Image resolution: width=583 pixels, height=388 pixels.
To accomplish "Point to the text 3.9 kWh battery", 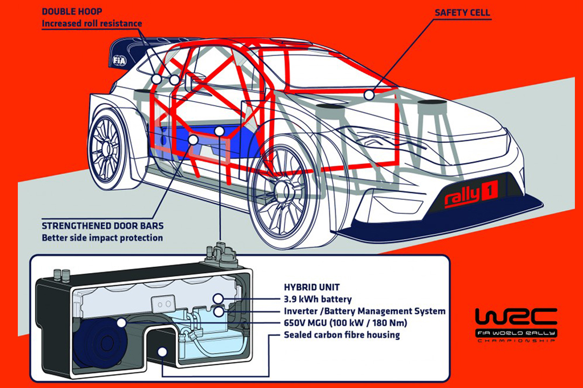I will (x=317, y=299).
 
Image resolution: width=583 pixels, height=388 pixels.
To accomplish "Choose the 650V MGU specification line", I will (x=345, y=323).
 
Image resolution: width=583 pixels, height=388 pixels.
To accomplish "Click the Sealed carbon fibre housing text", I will (x=342, y=335).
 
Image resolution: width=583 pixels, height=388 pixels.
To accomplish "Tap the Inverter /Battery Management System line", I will (x=364, y=311).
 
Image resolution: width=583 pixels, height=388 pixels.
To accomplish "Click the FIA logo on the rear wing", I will (x=119, y=60).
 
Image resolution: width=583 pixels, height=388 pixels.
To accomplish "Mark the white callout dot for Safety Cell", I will (x=369, y=95).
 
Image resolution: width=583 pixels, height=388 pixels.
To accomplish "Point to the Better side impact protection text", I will (x=102, y=238).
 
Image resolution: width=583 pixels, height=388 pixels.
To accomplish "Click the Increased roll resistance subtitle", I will (x=92, y=24).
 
